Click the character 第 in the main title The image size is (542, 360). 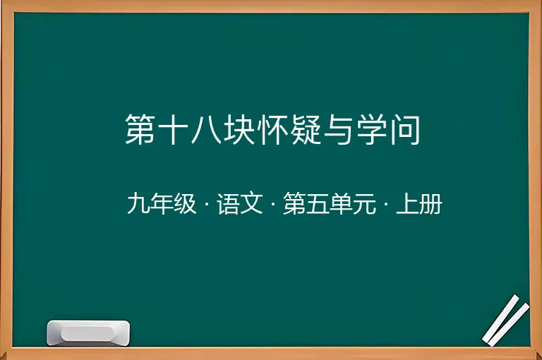coord(140,129)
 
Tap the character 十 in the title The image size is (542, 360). coord(173,129)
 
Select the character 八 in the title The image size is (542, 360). coord(206,130)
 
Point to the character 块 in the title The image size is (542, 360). coord(239,129)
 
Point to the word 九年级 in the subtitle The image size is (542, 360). coord(162,203)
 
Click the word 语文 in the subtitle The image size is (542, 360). coord(240,203)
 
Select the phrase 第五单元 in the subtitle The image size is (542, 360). coord(330,203)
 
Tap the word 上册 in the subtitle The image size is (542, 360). coord(419,203)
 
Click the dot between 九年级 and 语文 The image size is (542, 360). coord(207,204)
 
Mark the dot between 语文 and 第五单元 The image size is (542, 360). coord(273,204)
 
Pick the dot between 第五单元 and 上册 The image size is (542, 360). coord(386,204)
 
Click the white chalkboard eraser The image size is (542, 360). coord(88,332)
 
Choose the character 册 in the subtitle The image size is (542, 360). coord(430,203)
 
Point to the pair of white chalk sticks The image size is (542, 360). coord(506,320)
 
